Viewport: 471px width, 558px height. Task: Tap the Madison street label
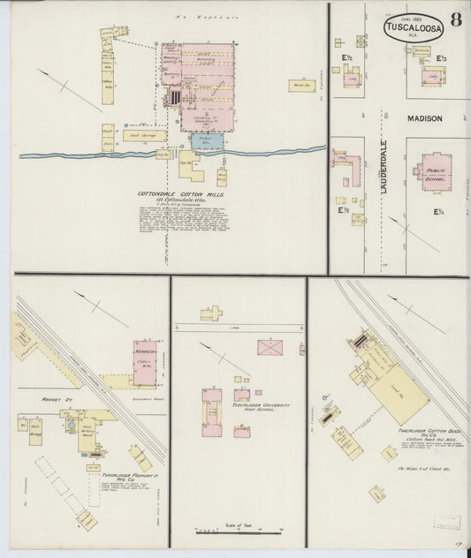tap(423, 118)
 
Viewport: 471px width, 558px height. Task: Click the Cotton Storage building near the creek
tap(142, 137)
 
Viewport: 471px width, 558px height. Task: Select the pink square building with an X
tap(270, 347)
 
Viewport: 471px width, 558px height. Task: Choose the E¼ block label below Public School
tap(438, 211)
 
